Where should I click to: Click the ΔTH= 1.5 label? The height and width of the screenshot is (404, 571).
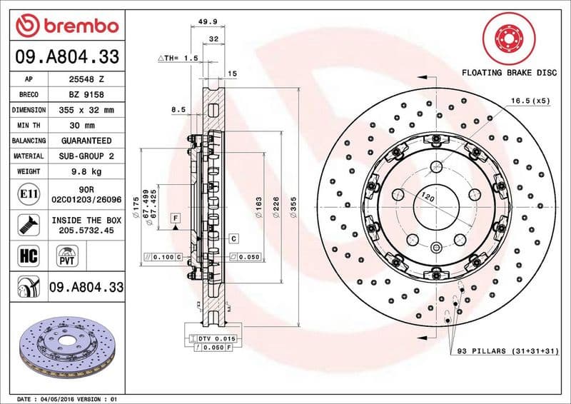(x=176, y=57)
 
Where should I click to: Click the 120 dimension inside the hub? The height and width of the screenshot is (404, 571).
(x=428, y=196)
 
